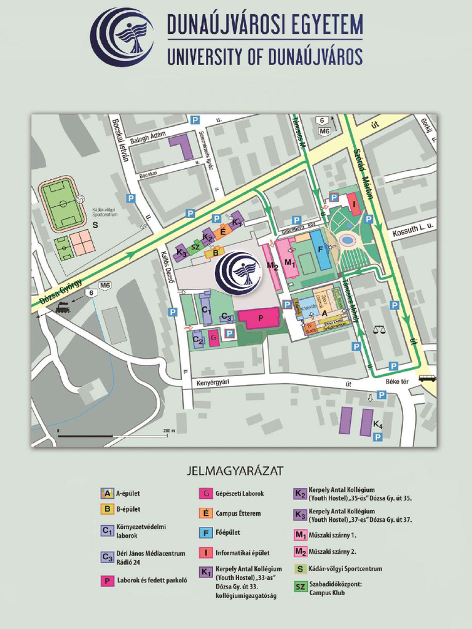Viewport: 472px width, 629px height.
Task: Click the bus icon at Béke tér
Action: (427, 378)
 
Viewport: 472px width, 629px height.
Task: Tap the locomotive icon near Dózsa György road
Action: (62, 307)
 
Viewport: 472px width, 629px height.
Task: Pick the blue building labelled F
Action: (320, 249)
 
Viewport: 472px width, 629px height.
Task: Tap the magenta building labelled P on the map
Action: (261, 319)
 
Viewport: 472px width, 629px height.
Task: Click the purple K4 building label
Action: (377, 425)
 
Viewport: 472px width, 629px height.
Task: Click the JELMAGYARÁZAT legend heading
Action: (234, 471)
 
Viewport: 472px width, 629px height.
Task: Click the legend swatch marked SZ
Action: (301, 587)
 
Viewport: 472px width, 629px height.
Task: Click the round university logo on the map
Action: (238, 270)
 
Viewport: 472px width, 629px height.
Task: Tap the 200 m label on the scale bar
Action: (168, 431)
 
